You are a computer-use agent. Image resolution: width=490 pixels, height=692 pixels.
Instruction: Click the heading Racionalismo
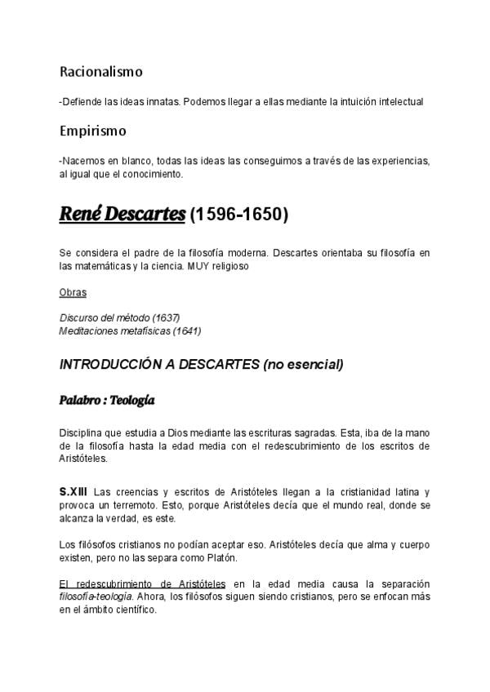101,72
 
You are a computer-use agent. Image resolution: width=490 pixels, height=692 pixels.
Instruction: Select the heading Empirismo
92,131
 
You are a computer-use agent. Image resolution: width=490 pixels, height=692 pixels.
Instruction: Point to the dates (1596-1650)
239,216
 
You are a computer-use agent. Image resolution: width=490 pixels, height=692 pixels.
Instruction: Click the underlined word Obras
73,292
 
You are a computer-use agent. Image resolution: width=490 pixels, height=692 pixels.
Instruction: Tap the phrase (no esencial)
303,364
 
